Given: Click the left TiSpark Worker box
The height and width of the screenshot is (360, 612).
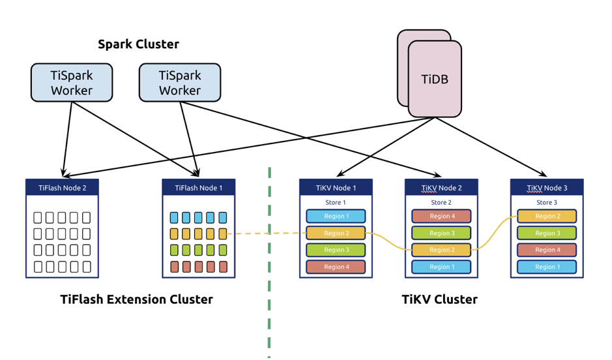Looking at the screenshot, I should pyautogui.click(x=72, y=83).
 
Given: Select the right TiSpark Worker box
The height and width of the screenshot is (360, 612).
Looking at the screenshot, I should pyautogui.click(x=180, y=83).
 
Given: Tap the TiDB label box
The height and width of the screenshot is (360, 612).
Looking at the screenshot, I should pyautogui.click(x=435, y=80).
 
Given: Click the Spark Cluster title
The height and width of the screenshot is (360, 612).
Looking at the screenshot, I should pyautogui.click(x=138, y=44).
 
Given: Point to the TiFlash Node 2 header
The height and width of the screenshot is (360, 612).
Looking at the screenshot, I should pyautogui.click(x=62, y=188).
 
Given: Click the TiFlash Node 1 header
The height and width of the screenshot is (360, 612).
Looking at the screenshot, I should pyautogui.click(x=199, y=188).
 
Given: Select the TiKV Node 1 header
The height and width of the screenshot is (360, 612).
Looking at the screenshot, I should pyautogui.click(x=336, y=188).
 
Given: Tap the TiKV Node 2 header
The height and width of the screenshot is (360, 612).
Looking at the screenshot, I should pyautogui.click(x=441, y=188).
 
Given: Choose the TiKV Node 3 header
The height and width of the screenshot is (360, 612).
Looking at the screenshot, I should pyautogui.click(x=547, y=188).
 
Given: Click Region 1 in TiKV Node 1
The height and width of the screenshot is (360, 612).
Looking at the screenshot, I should pyautogui.click(x=336, y=217).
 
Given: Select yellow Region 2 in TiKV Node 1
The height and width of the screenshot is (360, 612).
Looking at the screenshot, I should pyautogui.click(x=336, y=233).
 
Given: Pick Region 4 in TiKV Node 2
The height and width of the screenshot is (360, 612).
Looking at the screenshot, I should pyautogui.click(x=441, y=217).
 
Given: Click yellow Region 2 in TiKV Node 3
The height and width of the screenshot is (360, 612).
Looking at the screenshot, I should pyautogui.click(x=547, y=217).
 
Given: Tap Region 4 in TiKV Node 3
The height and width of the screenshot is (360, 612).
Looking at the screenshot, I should pyautogui.click(x=547, y=250).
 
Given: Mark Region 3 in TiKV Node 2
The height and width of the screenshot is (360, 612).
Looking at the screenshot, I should pyautogui.click(x=441, y=233).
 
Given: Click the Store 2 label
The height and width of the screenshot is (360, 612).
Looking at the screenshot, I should pyautogui.click(x=441, y=203).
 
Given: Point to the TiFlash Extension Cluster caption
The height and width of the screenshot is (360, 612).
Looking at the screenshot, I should pyautogui.click(x=136, y=300).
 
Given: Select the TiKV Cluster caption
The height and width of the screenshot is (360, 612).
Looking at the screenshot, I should pyautogui.click(x=439, y=300).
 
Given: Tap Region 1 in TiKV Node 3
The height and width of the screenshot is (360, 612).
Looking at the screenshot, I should pyautogui.click(x=547, y=267).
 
